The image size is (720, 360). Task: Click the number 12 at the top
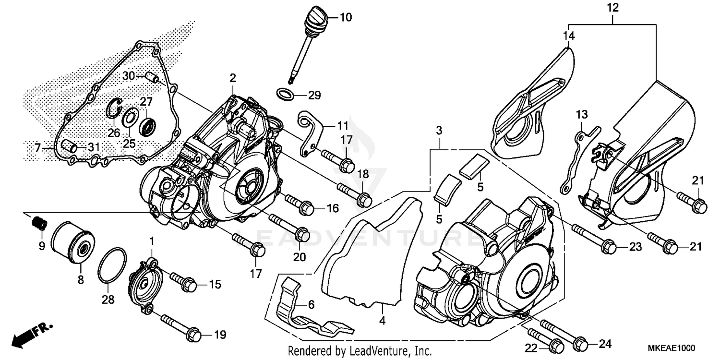click(613, 8)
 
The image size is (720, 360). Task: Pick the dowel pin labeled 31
click(69, 145)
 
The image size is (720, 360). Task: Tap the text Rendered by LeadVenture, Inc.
click(360, 350)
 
